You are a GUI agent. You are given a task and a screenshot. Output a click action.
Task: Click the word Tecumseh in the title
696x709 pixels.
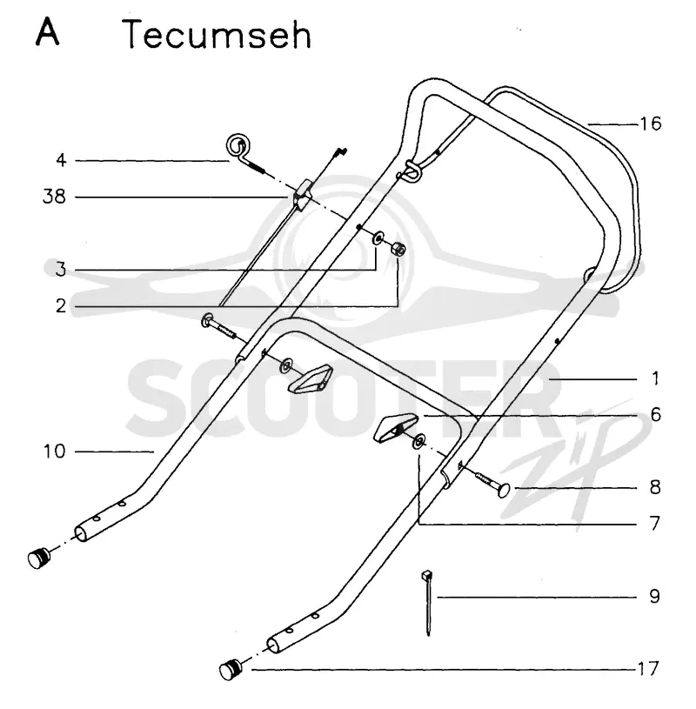pos(217,35)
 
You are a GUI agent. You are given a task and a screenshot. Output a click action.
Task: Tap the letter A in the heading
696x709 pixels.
pos(47,32)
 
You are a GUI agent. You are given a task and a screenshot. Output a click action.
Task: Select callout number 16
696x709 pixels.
pos(651,124)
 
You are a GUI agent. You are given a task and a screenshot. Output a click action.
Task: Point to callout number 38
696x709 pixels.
pos(54,197)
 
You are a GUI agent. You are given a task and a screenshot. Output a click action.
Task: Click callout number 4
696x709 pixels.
pos(61,160)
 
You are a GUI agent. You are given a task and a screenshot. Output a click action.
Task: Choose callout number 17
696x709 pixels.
pos(647,668)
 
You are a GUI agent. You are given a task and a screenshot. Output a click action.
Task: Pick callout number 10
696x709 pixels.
pos(54,451)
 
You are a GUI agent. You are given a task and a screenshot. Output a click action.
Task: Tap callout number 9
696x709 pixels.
pos(654,597)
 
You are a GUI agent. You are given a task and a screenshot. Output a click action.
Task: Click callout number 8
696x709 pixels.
pos(655,487)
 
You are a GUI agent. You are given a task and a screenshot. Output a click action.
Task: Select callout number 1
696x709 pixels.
pos(655,378)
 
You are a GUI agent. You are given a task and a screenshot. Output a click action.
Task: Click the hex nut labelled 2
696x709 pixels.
pos(398,249)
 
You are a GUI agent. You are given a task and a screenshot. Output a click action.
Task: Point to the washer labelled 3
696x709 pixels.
pos(378,237)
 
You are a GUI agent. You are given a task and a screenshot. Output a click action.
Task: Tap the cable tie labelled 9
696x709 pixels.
pos(427,602)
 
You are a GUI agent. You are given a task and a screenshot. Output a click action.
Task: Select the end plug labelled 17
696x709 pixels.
pos(231,669)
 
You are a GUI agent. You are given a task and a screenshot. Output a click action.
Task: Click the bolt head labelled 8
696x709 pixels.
pos(504,490)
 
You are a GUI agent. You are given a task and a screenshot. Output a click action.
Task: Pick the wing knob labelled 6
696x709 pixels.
pos(393,428)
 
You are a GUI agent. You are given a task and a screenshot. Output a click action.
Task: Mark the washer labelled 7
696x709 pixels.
pos(418,441)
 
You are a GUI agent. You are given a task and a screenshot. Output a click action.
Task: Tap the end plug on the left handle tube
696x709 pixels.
pos(40,558)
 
